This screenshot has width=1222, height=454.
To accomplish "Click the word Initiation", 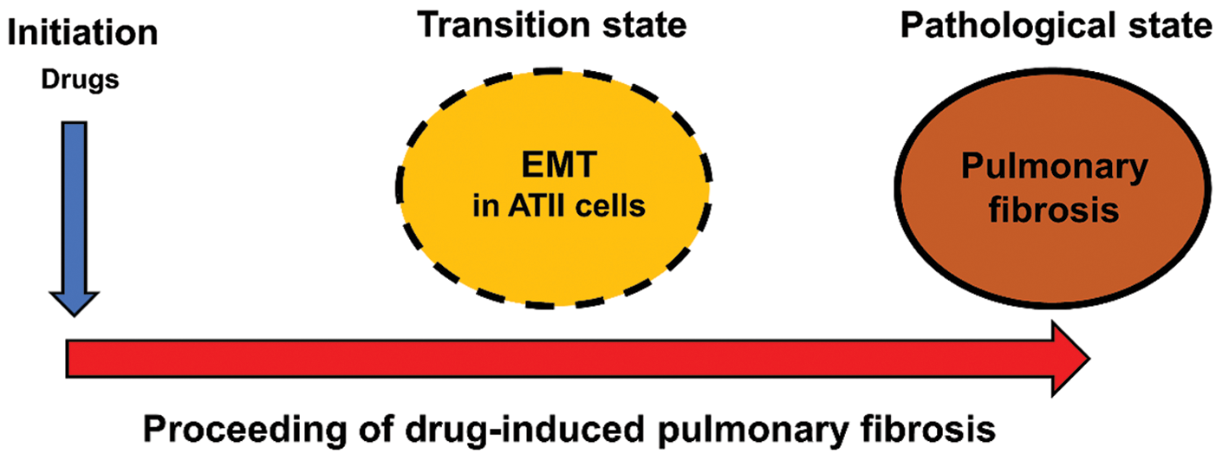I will (x=81, y=34).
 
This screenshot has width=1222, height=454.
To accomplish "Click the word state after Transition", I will (x=637, y=26).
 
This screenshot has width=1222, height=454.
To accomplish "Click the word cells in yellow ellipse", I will (x=616, y=208).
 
